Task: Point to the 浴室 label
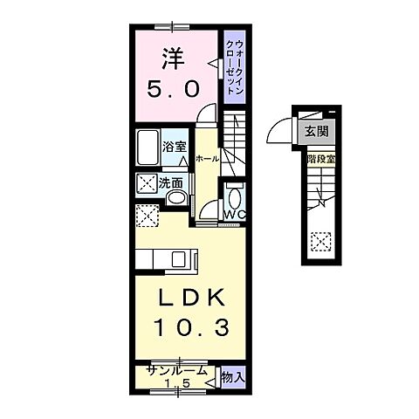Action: click(175, 147)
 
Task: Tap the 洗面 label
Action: click(170, 183)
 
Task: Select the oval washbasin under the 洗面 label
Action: click(176, 199)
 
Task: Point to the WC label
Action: click(234, 214)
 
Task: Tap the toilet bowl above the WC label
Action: click(233, 195)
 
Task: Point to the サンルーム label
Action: click(176, 369)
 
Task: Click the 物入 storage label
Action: click(231, 376)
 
